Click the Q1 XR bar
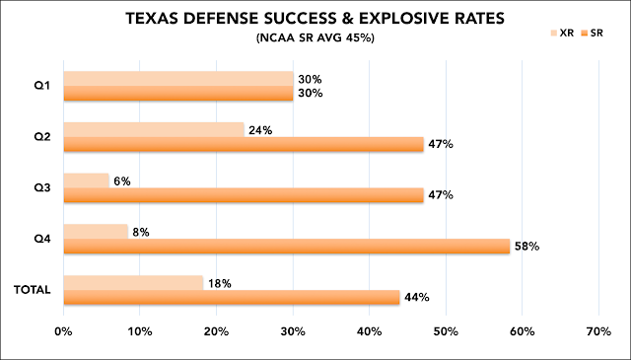[x=178, y=79]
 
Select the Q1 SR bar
[x=178, y=94]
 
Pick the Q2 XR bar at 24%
[x=154, y=130]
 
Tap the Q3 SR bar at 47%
[x=244, y=195]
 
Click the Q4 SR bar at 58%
[x=287, y=247]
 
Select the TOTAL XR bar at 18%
[x=133, y=283]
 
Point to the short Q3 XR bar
[x=86, y=180]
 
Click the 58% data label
[x=526, y=247]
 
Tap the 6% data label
[x=122, y=181]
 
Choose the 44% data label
[x=416, y=298]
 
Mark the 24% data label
[x=260, y=130]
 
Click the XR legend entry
[x=562, y=34]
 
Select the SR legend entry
[x=592, y=34]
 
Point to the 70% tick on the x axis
[x=598, y=331]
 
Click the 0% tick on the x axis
[x=63, y=331]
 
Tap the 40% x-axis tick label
[x=370, y=331]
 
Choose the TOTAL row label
[x=33, y=290]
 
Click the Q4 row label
[x=42, y=240]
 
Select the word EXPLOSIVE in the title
[x=411, y=19]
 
